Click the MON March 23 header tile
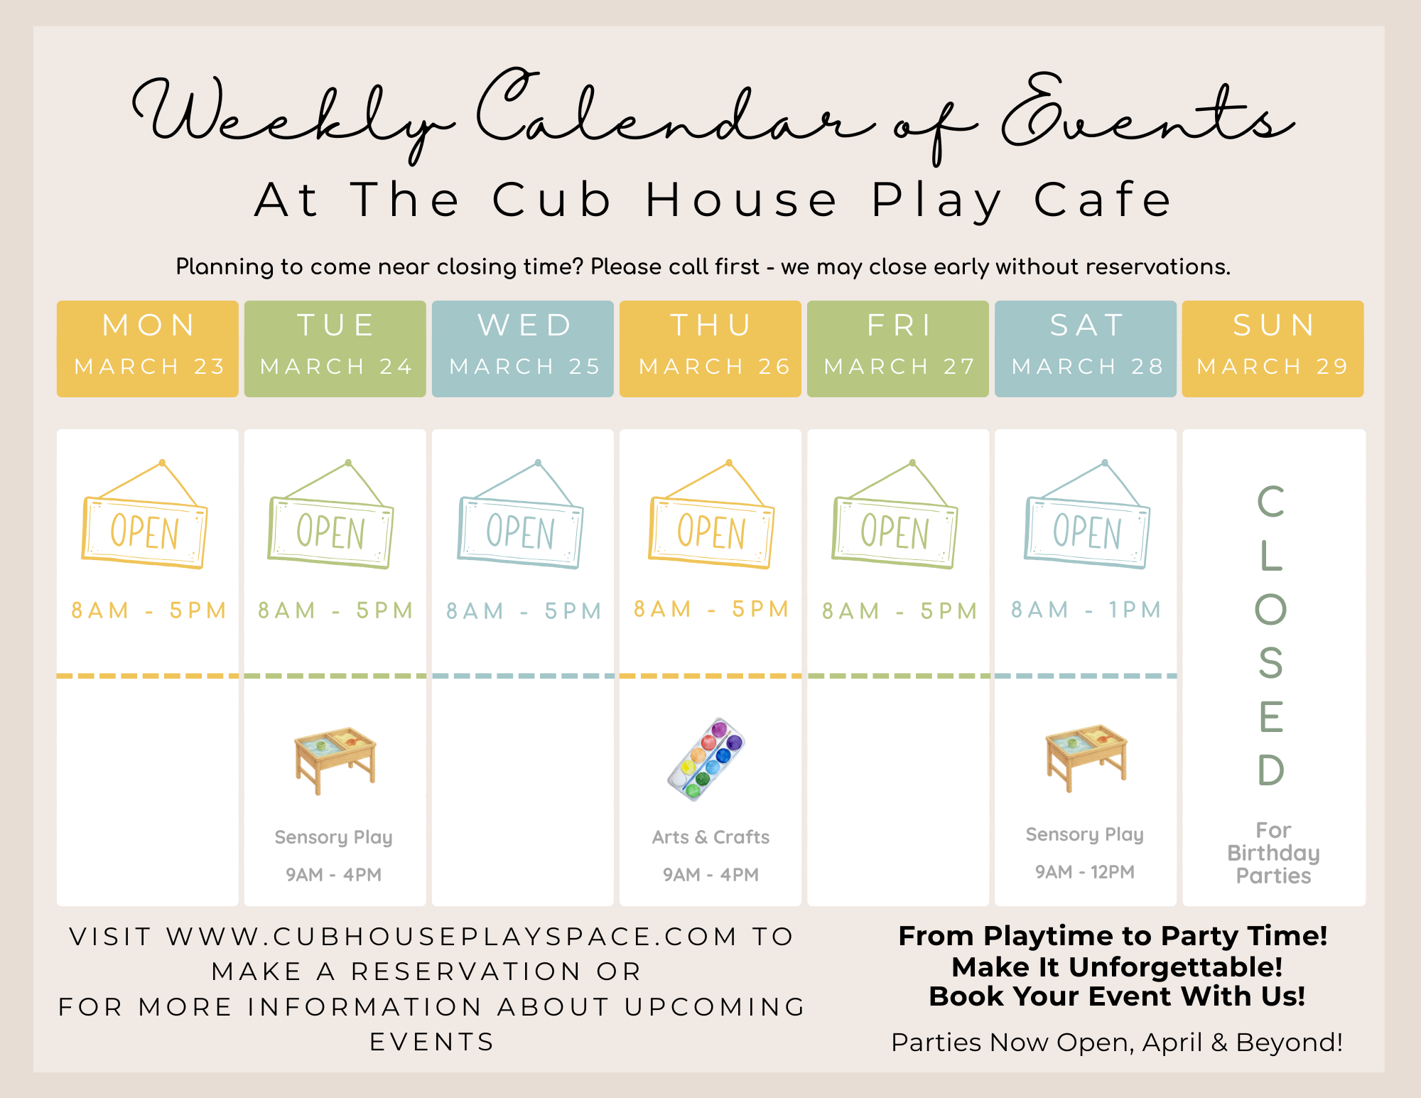[x=148, y=348]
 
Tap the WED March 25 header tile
[x=523, y=348]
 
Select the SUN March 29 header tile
[x=1273, y=348]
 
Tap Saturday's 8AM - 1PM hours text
[x=1086, y=610]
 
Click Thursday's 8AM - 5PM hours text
[x=711, y=609]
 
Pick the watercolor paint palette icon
[x=706, y=759]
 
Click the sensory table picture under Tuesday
[x=335, y=760]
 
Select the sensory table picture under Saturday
[x=1086, y=758]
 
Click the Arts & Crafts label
[x=710, y=837]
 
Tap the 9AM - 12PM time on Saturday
[x=1085, y=872]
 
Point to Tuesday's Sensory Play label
[x=334, y=837]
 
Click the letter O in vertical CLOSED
[x=1271, y=609]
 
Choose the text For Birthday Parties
[x=1273, y=853]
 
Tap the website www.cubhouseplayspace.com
[x=452, y=937]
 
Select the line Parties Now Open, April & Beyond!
[x=1117, y=1043]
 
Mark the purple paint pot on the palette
[x=734, y=743]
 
